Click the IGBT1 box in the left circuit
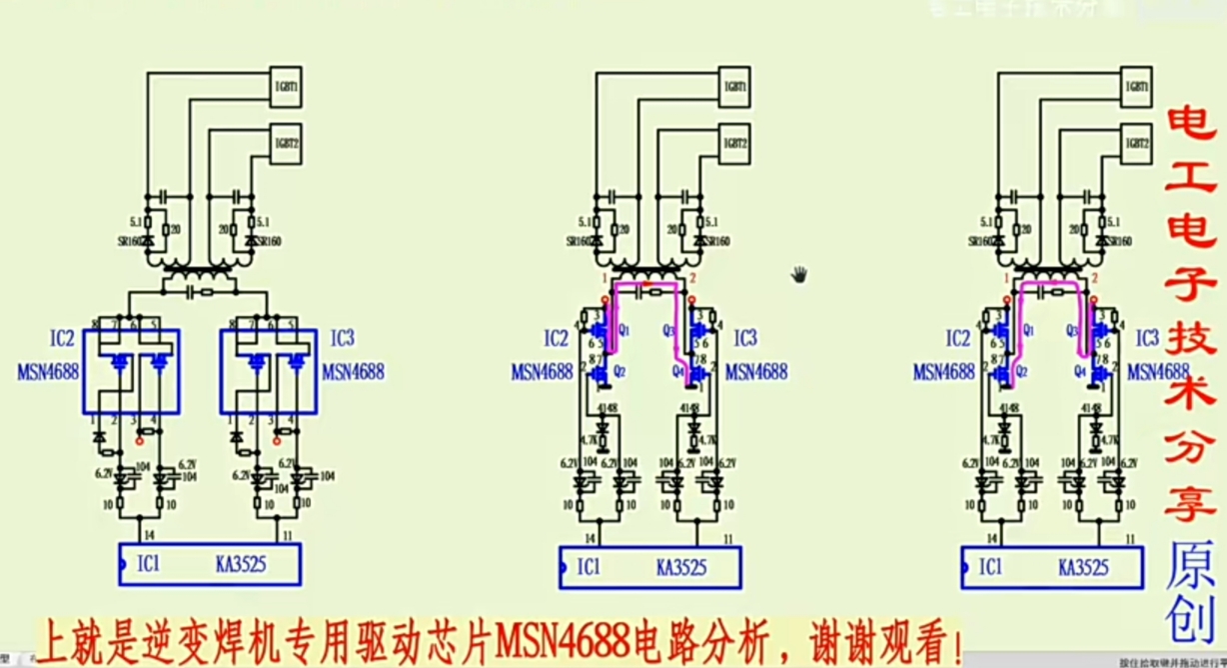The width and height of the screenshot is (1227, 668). (x=287, y=87)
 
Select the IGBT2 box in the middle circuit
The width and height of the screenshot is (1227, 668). (x=736, y=143)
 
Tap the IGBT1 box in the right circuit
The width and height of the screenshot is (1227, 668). (x=1136, y=87)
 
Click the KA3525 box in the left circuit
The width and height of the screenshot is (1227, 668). (x=209, y=565)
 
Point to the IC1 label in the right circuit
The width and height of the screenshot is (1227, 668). (x=992, y=567)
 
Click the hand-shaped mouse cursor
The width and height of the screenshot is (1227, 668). (x=799, y=274)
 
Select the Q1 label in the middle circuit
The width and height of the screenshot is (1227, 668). (x=624, y=329)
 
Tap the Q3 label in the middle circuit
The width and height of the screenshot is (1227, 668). (x=669, y=329)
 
